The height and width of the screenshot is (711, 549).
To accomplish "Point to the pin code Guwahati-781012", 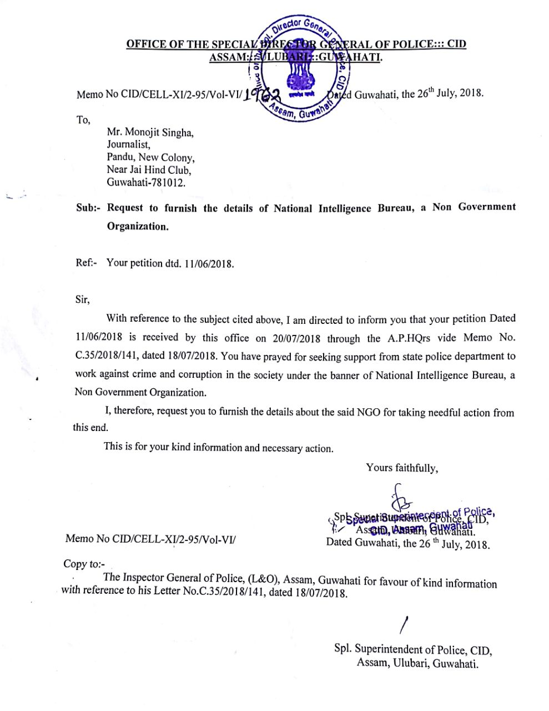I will coord(146,183).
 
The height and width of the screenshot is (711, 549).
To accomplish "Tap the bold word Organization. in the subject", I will coord(137,227).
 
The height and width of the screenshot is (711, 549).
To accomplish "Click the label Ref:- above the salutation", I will coord(86,263).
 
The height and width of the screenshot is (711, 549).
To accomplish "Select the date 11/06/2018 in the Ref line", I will coord(209,264).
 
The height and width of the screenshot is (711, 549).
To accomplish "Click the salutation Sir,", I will coord(82,299).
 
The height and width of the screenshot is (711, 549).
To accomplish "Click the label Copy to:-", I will coord(84,564).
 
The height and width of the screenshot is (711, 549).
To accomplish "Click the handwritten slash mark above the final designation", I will coord(404,625).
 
